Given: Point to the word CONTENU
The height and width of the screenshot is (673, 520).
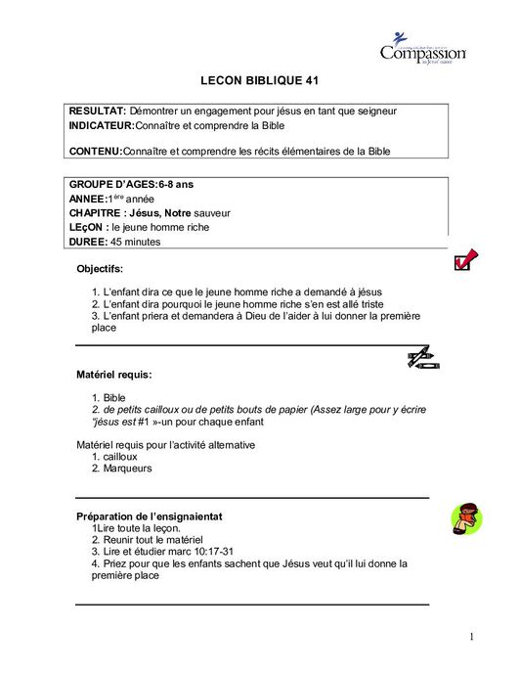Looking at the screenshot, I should [x=96, y=151].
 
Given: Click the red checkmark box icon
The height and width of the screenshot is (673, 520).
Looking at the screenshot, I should [x=465, y=258].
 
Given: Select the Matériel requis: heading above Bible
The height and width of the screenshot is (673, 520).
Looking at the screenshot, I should [x=114, y=374].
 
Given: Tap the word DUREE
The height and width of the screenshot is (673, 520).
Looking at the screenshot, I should [x=88, y=242].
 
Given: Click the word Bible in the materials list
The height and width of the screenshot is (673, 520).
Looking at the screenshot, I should [x=114, y=397].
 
